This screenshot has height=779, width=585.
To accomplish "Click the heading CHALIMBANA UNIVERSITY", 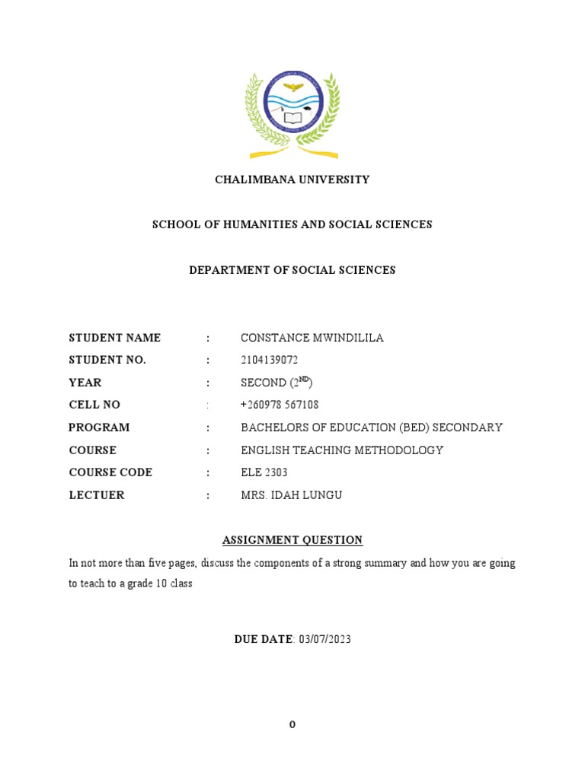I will pyautogui.click(x=292, y=180).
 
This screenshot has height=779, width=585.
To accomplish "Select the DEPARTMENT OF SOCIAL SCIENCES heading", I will pyautogui.click(x=292, y=270).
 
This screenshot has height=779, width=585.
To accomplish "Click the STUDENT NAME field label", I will pyautogui.click(x=115, y=338).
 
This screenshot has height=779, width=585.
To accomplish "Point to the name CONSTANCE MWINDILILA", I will pyautogui.click(x=312, y=338).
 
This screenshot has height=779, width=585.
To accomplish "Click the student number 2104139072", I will pyautogui.click(x=270, y=360).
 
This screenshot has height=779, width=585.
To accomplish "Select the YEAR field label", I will pyautogui.click(x=85, y=383).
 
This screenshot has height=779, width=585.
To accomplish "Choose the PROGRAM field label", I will pyautogui.click(x=99, y=428).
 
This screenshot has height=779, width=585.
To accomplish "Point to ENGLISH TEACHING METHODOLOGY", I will pyautogui.click(x=341, y=450).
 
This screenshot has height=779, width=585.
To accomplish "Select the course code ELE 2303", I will pyautogui.click(x=264, y=472).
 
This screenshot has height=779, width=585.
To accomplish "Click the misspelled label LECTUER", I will pyautogui.click(x=97, y=495).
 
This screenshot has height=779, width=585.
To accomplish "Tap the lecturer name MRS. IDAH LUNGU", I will pyautogui.click(x=291, y=495).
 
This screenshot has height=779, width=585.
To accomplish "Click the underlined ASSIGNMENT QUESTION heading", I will pyautogui.click(x=292, y=540).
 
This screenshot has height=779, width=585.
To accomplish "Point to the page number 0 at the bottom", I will pyautogui.click(x=292, y=725).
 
